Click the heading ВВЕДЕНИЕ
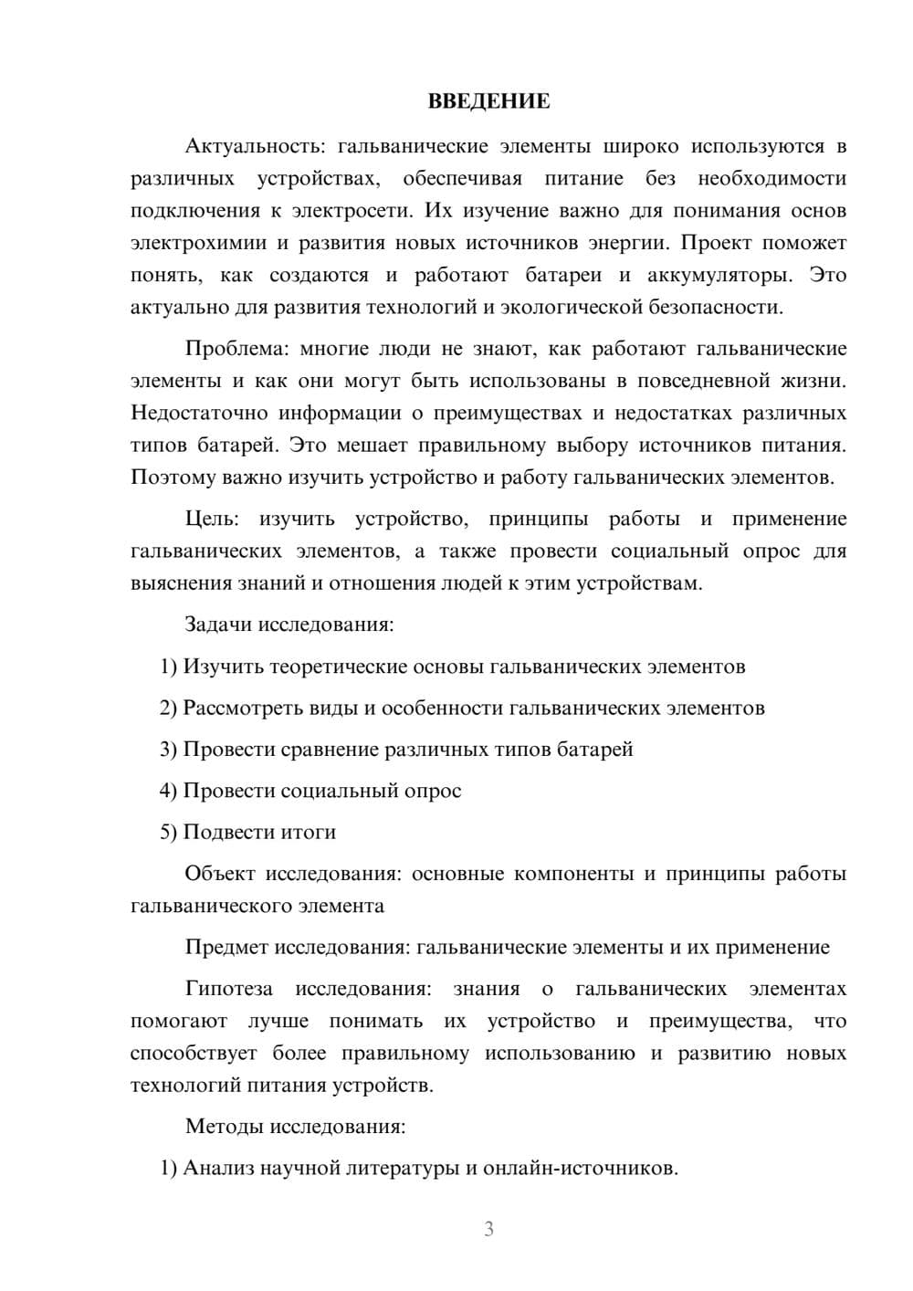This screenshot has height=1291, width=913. [x=488, y=101]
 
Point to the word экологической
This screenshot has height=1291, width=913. [x=566, y=307]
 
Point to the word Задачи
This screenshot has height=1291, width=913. [x=219, y=625]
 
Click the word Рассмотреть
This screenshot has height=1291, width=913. [x=242, y=708]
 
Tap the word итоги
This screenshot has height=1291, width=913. [x=309, y=832]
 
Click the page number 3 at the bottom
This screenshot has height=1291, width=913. [x=488, y=1229]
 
